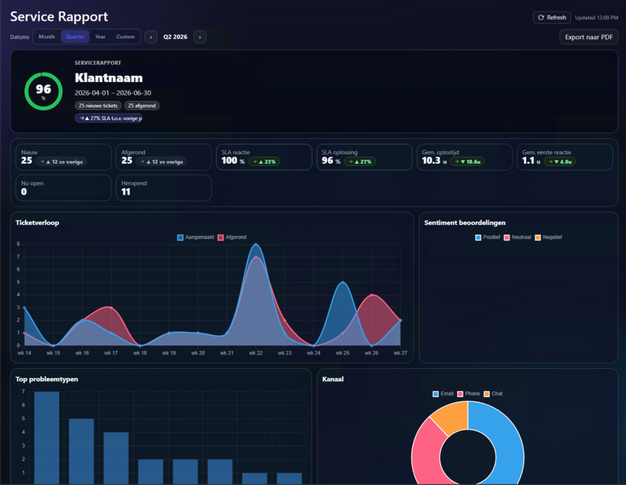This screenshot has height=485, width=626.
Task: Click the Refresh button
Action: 552,18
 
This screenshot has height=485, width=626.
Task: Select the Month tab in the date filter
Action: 46,37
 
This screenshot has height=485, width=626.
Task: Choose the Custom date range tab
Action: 125,37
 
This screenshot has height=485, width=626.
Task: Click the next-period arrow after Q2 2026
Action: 200,37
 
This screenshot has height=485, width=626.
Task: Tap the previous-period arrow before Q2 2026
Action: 150,37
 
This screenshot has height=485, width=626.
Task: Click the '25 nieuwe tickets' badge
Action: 98,105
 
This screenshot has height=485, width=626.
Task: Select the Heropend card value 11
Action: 126,192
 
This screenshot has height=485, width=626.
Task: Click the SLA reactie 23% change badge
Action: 264,161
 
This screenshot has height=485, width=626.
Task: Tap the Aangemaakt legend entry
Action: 196,237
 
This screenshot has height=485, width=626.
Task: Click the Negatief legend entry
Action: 548,237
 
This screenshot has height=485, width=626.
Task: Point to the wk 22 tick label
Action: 256,353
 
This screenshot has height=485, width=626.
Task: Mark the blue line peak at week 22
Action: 256,244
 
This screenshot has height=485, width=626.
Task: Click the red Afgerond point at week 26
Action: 372,295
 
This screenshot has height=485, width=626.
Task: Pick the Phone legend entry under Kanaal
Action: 468,394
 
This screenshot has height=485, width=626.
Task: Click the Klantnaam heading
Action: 109,78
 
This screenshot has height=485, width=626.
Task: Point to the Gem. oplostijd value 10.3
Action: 431,161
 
